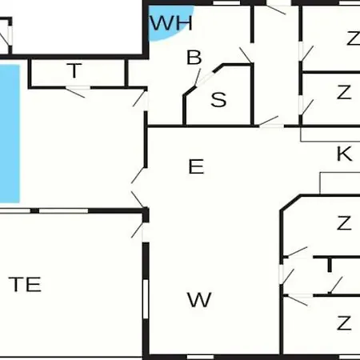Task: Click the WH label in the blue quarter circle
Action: (x=171, y=23)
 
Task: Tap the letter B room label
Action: (x=194, y=58)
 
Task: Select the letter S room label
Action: (x=218, y=100)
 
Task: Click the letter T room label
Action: (x=74, y=70)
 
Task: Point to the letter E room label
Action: (x=196, y=166)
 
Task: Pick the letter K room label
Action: (x=344, y=154)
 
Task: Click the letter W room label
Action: (x=199, y=299)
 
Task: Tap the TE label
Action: (x=25, y=284)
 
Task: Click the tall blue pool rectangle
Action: (x=10, y=134)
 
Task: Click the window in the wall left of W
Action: (x=146, y=298)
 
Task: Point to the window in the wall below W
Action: (x=200, y=357)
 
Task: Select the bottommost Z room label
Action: (x=344, y=323)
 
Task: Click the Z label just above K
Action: (x=344, y=92)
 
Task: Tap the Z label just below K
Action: (x=344, y=223)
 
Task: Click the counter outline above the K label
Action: (x=330, y=141)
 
